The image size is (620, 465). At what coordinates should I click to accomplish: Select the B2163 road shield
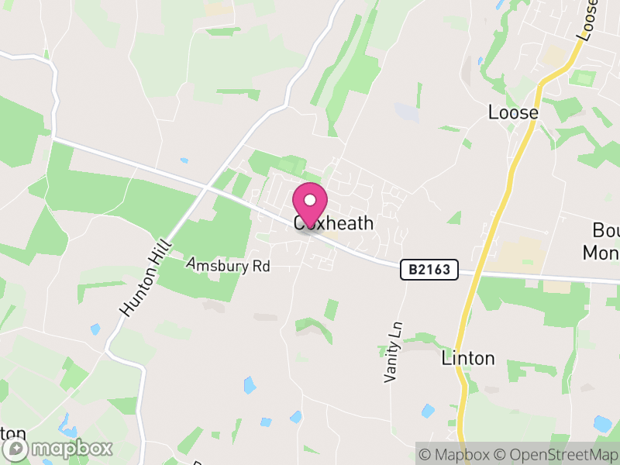tap(429, 270)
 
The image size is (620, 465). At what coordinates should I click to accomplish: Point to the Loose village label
tap(513, 112)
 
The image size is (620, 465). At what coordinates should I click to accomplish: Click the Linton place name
tap(467, 358)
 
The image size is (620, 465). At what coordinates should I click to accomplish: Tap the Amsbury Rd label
tap(228, 265)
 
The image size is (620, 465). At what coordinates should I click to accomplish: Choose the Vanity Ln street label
tap(394, 352)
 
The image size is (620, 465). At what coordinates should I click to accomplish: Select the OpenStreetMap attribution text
tap(555, 454)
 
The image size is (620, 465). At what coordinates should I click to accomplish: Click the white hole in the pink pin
tap(310, 200)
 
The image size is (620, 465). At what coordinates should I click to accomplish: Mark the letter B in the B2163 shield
tap(413, 270)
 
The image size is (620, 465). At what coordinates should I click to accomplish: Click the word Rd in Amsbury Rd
tap(260, 266)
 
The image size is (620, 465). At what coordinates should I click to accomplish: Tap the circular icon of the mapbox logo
tap(18, 449)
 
